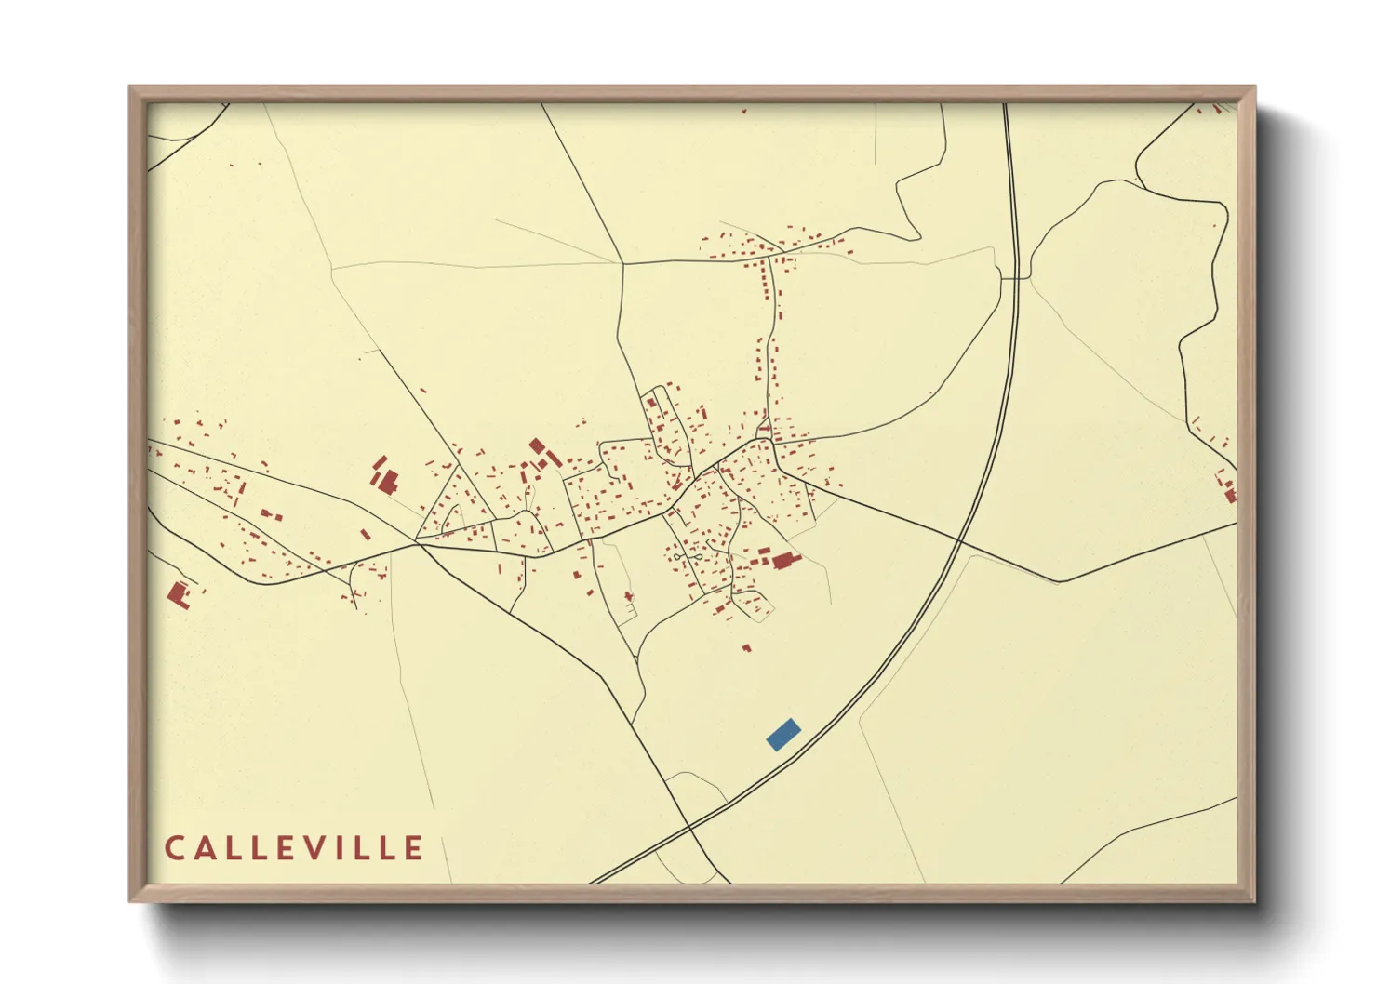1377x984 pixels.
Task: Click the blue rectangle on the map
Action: (783, 734)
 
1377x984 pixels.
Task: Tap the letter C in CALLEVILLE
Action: (174, 848)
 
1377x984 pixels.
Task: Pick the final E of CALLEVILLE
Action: (413, 848)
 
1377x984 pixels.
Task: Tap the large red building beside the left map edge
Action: (179, 593)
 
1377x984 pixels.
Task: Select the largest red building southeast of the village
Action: (783, 560)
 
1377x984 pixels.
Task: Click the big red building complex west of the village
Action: (385, 478)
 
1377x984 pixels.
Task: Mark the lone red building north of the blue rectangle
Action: (746, 647)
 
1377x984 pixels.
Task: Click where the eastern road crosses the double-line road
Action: (958, 539)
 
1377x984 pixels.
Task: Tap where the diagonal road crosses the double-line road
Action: (689, 825)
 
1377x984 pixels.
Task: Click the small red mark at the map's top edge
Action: (743, 111)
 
